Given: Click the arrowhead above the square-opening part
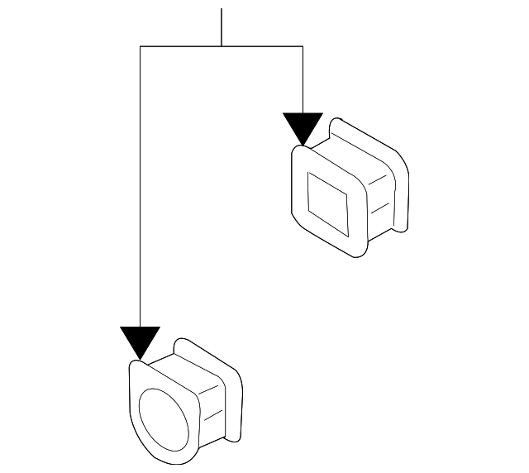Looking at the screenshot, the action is tap(303, 127).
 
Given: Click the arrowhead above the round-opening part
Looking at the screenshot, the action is tap(140, 341).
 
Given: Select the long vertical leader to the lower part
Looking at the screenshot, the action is tap(141, 190).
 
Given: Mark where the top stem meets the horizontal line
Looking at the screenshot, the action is tap(222, 47).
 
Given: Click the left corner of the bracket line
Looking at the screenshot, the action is tap(141, 47).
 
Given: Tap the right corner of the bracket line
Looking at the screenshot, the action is tap(303, 47).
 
